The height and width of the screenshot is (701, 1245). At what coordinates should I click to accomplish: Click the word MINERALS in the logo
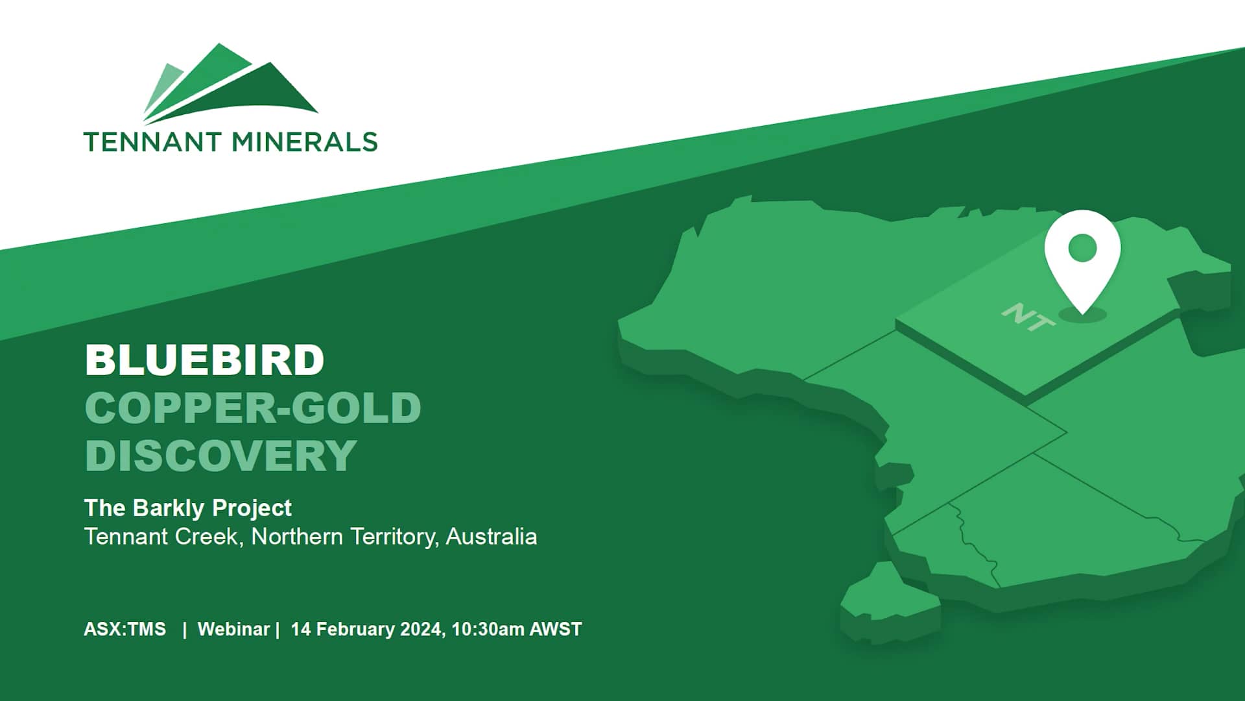click(x=304, y=142)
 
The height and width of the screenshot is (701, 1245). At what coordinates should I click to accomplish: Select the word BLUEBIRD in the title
click(x=204, y=360)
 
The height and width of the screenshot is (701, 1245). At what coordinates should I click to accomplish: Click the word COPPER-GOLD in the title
click(x=253, y=408)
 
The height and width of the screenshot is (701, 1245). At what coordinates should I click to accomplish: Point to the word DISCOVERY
click(x=220, y=456)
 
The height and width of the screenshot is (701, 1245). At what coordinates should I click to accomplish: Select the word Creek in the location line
click(x=212, y=537)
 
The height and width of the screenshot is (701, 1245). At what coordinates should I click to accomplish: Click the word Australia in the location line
click(x=492, y=537)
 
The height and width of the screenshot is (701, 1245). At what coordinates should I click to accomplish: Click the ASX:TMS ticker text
click(x=124, y=630)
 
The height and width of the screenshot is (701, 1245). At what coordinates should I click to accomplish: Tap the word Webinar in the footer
click(x=233, y=630)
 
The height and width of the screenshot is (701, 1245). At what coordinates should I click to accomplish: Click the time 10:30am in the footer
click(x=488, y=630)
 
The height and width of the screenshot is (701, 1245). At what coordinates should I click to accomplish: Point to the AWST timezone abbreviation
click(x=556, y=630)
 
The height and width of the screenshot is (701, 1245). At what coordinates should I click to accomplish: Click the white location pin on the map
click(x=1082, y=256)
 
